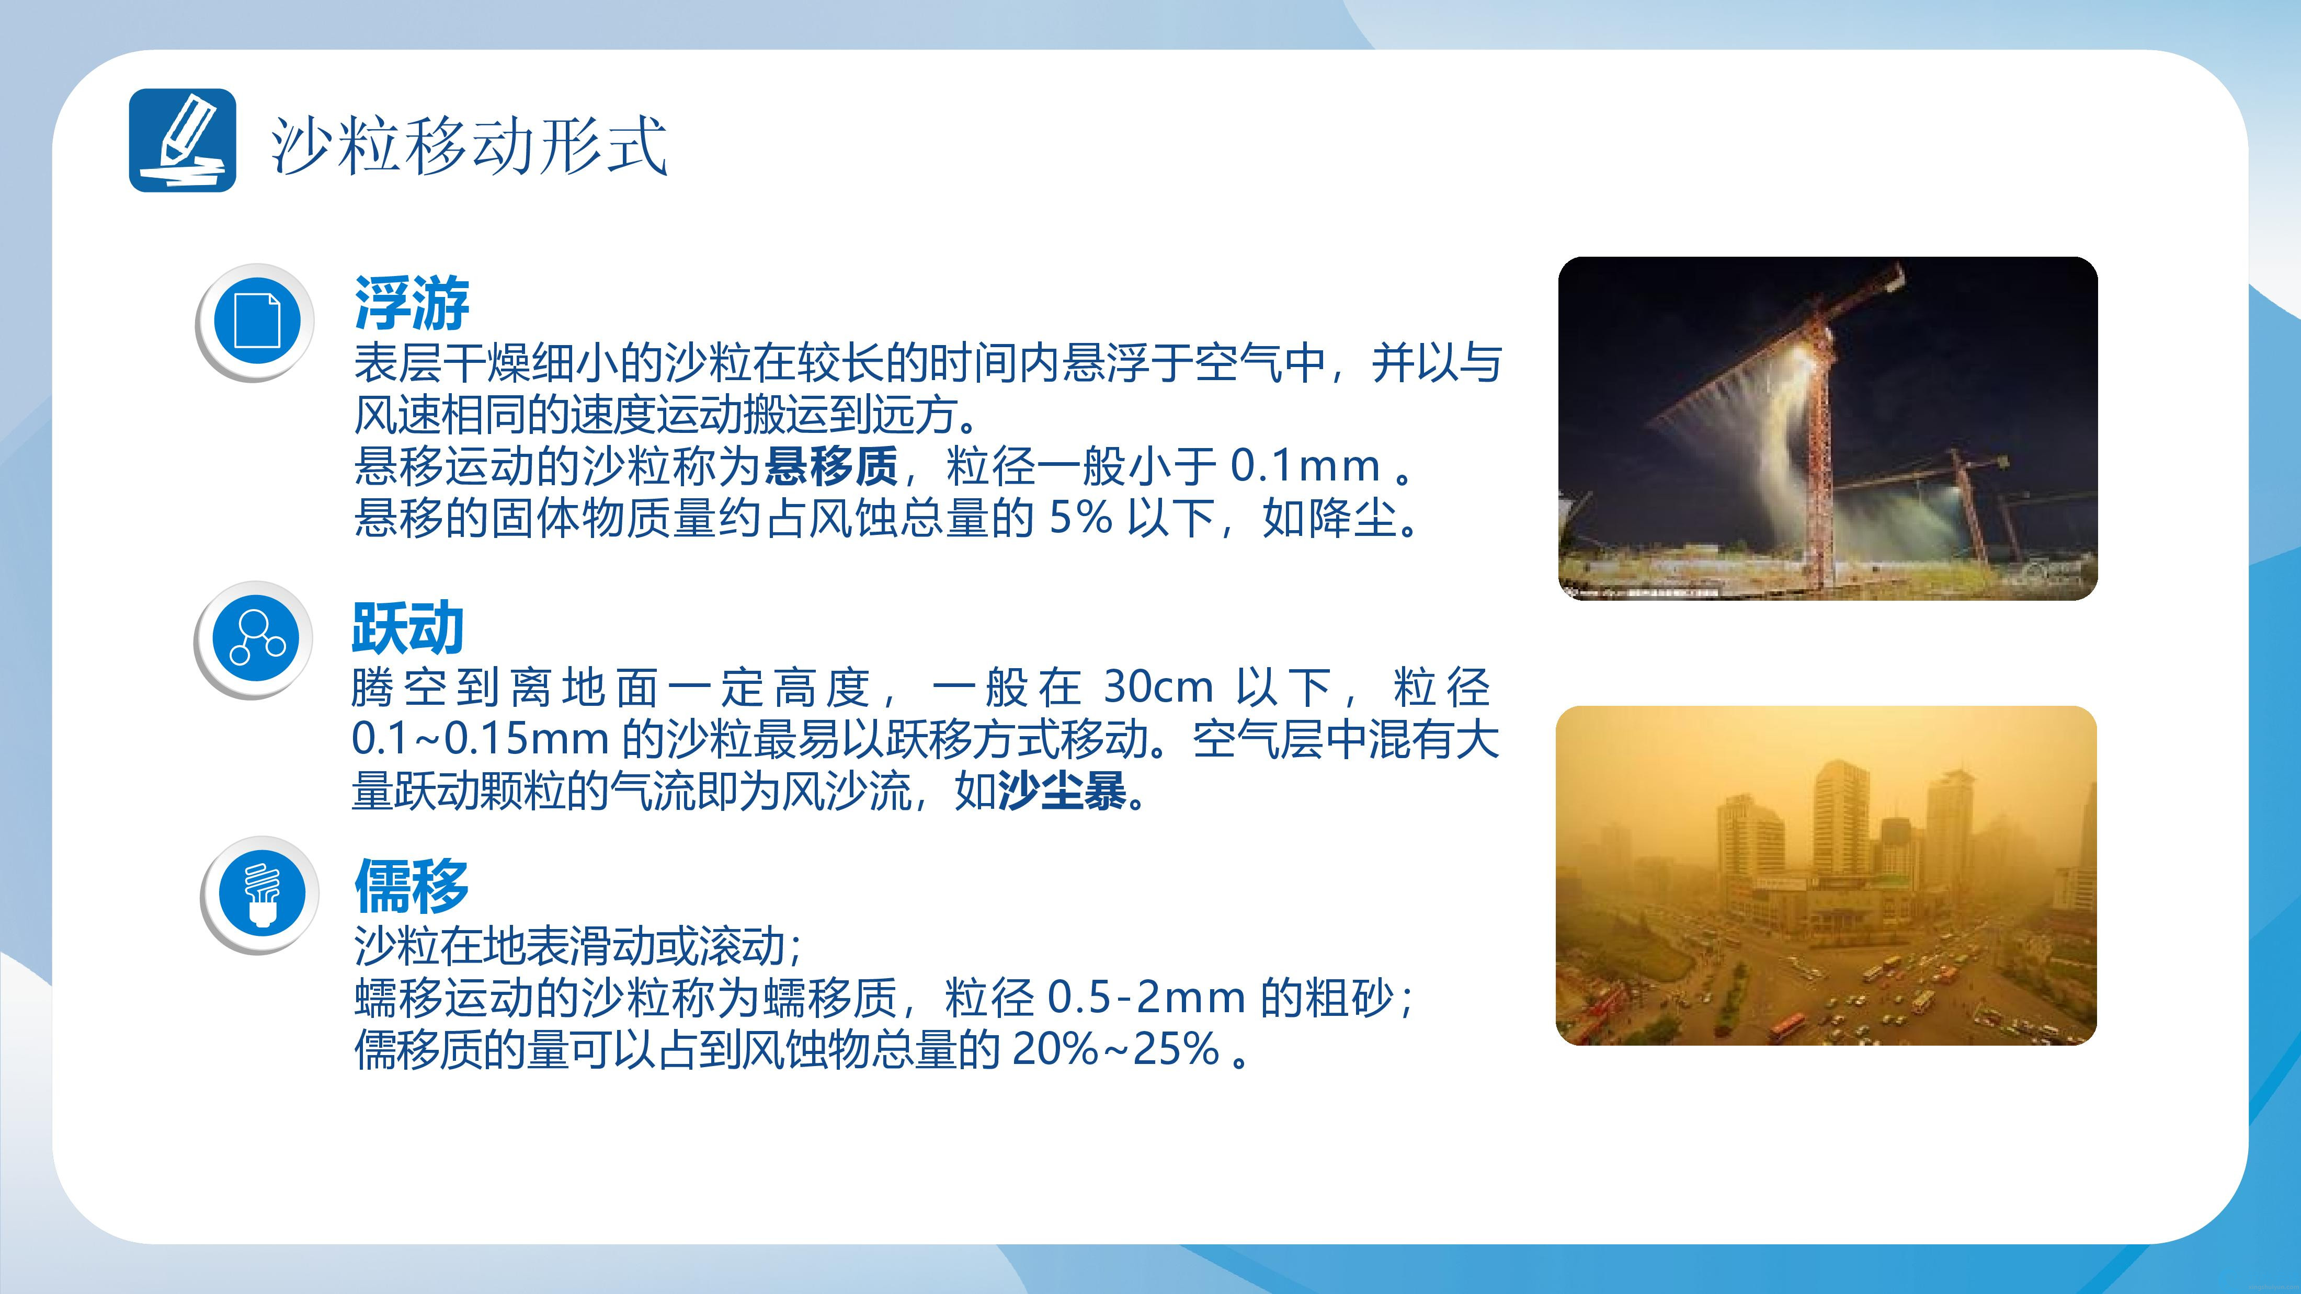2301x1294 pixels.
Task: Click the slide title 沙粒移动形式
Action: click(469, 145)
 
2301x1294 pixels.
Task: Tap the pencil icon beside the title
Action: click(183, 140)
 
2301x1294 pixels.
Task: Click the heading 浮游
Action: click(412, 303)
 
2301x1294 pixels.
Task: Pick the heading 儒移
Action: click(412, 885)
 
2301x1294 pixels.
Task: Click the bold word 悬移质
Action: click(831, 465)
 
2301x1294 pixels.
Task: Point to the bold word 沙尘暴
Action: click(1062, 791)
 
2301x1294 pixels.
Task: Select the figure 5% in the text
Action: click(1081, 517)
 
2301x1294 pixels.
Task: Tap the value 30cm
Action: click(1158, 687)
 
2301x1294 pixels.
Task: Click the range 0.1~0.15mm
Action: click(481, 739)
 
